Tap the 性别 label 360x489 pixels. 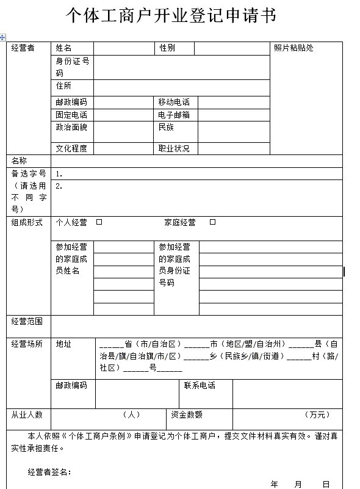(167, 48)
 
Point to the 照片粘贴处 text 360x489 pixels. (293, 48)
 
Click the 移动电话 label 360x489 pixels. (174, 102)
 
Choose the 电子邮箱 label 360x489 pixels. (174, 115)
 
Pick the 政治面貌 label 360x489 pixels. (71, 128)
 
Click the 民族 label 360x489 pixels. (166, 128)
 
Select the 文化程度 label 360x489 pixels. (71, 148)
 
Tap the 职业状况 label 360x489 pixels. (174, 148)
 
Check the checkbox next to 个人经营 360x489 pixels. (99, 222)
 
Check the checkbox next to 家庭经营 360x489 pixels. (212, 222)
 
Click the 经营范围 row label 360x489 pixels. (27, 321)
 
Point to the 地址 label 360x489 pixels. (63, 344)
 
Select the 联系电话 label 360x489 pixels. (200, 386)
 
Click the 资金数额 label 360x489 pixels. (187, 415)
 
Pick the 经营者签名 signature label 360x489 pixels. (49, 472)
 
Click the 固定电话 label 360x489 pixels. (71, 115)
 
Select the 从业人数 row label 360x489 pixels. (27, 415)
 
